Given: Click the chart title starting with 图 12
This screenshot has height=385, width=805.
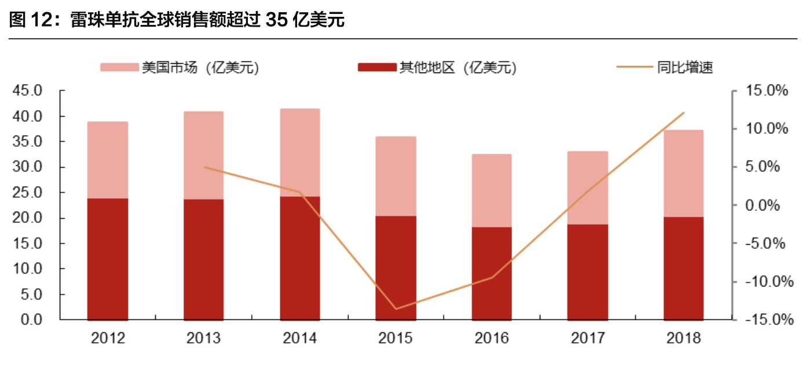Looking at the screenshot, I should [177, 21].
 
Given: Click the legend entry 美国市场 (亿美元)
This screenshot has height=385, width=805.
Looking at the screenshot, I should [180, 68].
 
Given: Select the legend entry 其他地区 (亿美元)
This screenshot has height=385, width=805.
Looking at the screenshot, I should [437, 68].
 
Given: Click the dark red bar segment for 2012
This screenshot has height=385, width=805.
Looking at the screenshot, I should [108, 259].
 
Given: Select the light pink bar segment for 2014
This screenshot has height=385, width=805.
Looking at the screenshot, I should [300, 152].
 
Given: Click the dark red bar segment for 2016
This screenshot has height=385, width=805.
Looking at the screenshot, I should [492, 274].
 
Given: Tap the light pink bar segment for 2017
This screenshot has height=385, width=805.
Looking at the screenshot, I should [588, 188].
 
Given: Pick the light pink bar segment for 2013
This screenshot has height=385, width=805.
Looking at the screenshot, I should [204, 155].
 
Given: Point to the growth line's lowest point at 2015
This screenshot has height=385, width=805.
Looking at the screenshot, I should [396, 309].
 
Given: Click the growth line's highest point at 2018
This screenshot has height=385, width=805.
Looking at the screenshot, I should [684, 112].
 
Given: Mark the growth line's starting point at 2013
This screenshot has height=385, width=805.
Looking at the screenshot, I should [204, 168].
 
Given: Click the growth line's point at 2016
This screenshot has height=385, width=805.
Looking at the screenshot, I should [492, 277].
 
